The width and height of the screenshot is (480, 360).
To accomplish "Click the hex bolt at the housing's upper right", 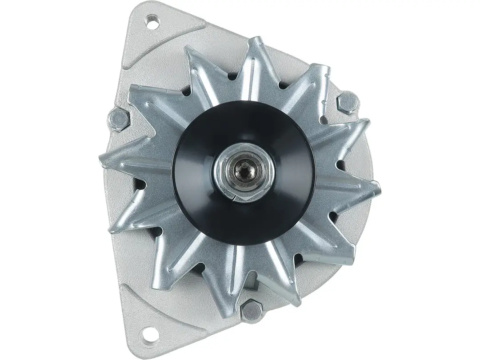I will pos(347,103).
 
